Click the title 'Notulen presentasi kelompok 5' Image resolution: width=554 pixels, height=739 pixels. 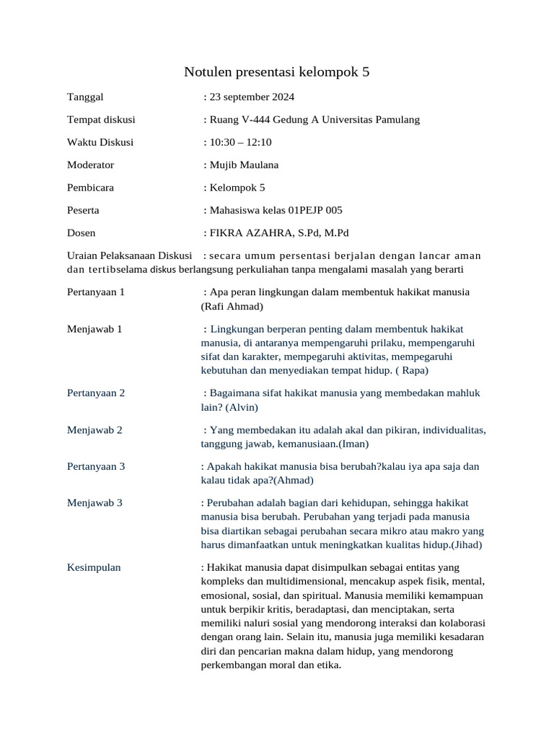276,71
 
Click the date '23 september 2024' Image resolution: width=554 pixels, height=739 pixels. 252,97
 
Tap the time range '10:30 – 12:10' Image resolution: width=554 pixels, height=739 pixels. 240,142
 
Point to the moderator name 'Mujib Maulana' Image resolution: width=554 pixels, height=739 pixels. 244,165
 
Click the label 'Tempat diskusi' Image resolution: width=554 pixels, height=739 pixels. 101,120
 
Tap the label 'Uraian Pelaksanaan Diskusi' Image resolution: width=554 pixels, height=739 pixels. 129,255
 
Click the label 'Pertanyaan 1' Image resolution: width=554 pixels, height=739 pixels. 96,292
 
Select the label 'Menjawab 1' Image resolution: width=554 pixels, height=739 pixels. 94,328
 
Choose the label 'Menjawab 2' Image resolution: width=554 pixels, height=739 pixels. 94,430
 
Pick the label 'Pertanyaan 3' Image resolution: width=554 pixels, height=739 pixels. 96,466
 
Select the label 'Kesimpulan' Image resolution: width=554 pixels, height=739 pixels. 94,567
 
